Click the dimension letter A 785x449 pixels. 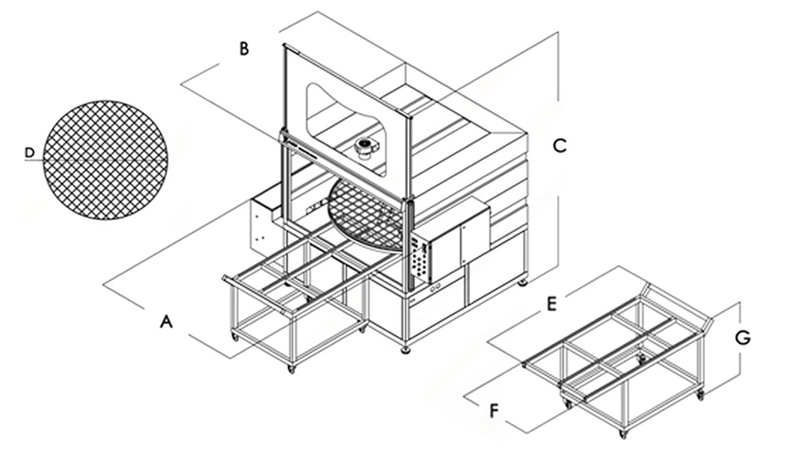point(166,322)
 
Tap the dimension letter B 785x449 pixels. point(244,49)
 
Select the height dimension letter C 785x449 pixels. point(560,145)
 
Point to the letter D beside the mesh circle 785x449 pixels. point(29,152)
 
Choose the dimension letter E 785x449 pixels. point(551,304)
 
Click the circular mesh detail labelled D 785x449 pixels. point(106,159)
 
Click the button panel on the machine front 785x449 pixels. point(421,262)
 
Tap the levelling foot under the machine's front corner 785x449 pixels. point(406,349)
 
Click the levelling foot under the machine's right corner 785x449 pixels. point(524,282)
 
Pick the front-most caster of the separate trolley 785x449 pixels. point(623,433)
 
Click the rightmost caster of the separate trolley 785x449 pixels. point(700,394)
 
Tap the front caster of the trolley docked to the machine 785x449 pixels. point(291,367)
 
